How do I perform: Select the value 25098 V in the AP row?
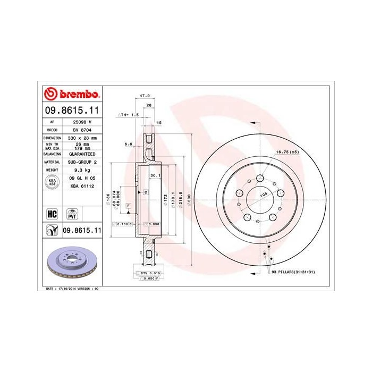(x=82, y=122)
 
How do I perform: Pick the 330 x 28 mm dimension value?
(x=82, y=137)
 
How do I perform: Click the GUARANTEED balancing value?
(x=82, y=153)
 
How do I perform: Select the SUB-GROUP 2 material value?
(x=82, y=160)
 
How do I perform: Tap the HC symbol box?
(x=52, y=214)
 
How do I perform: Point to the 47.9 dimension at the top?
(x=143, y=96)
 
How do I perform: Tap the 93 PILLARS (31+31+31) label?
(x=293, y=272)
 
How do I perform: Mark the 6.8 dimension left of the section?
(x=128, y=143)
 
